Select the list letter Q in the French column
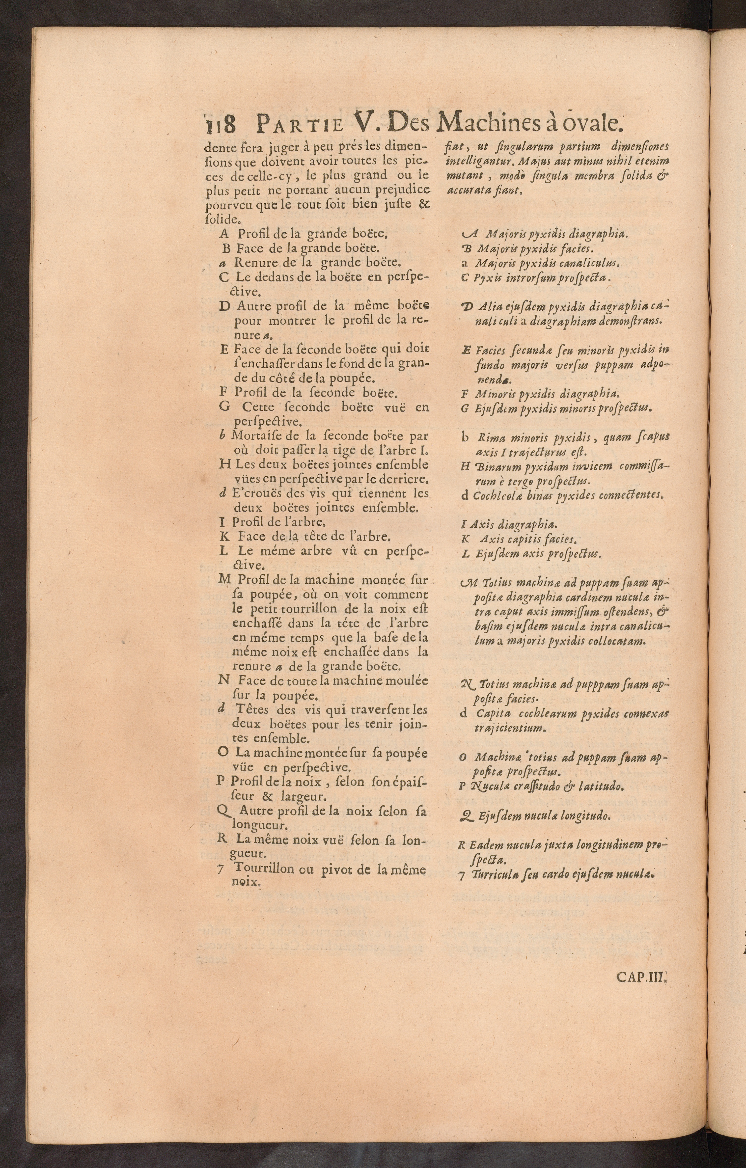[x=224, y=811]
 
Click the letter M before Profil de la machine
[x=224, y=579]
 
